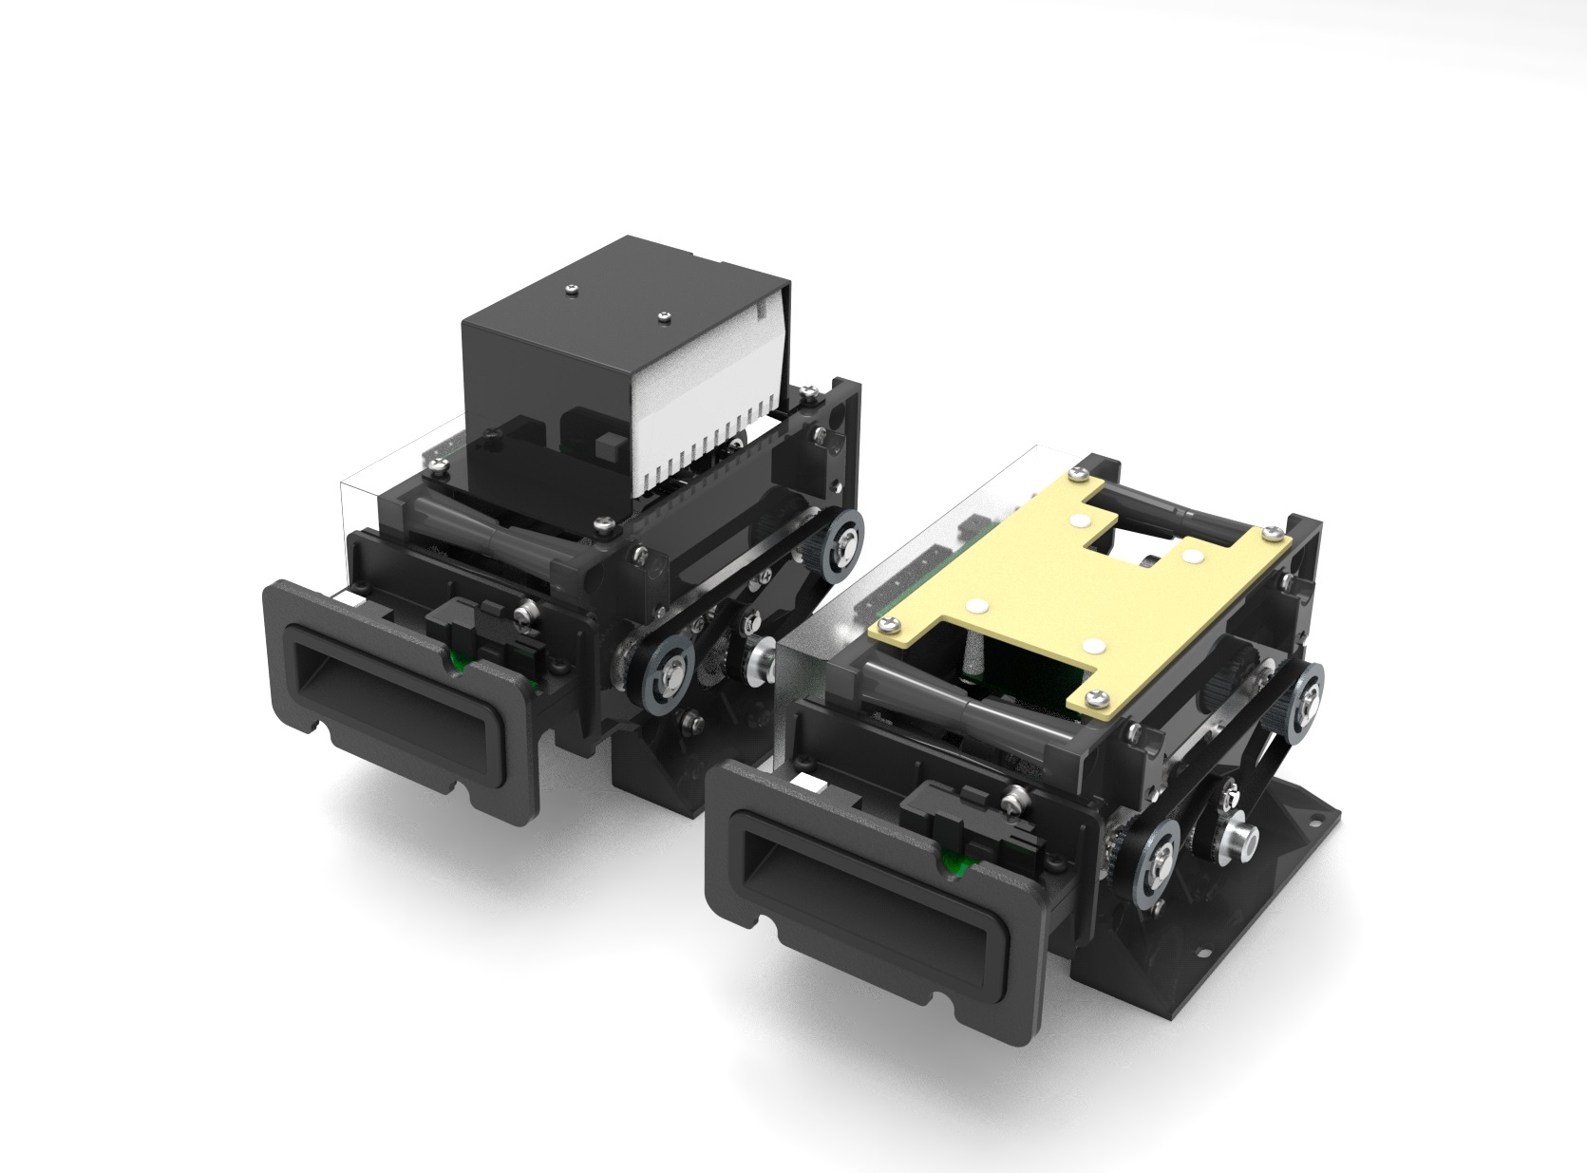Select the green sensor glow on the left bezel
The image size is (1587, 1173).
(459, 662)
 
